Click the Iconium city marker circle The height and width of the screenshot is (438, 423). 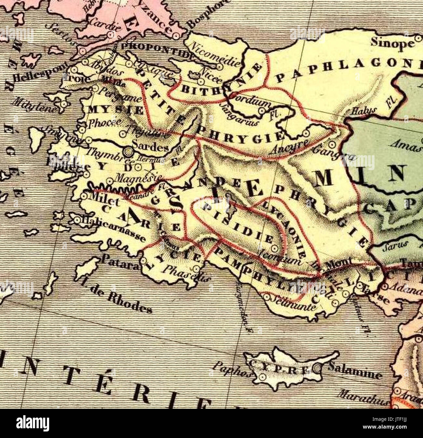pos(275,249)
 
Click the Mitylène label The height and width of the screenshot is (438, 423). pos(35,105)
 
